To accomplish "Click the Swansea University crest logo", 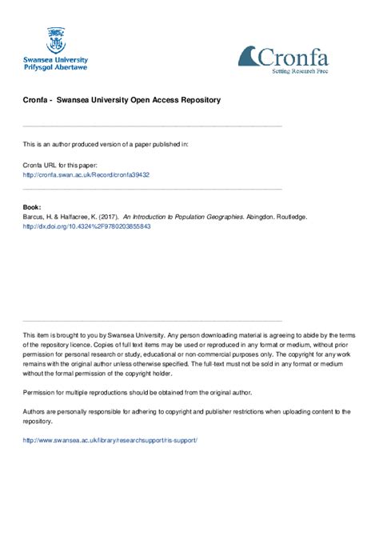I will point(56,40).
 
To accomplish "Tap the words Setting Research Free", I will point(300,71).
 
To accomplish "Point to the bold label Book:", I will point(33,206).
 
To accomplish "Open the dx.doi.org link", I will point(87,226).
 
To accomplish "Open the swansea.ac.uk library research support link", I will point(110,440).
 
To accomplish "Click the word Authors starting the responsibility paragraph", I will point(36,411).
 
